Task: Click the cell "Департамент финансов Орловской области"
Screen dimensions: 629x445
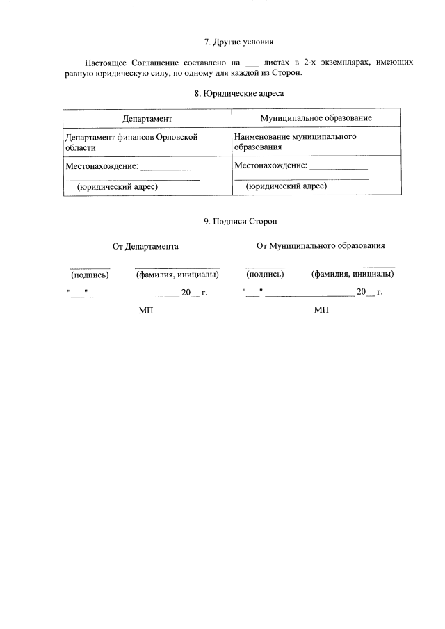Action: coord(131,142)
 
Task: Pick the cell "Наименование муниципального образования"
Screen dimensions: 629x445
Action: coord(296,142)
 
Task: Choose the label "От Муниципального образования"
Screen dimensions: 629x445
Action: coord(321,245)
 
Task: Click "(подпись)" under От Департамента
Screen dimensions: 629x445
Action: coord(90,274)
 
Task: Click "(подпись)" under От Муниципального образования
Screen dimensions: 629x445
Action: coord(265,274)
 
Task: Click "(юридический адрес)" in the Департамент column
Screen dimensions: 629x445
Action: coord(117,187)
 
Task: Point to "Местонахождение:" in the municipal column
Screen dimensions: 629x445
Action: coord(270,165)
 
